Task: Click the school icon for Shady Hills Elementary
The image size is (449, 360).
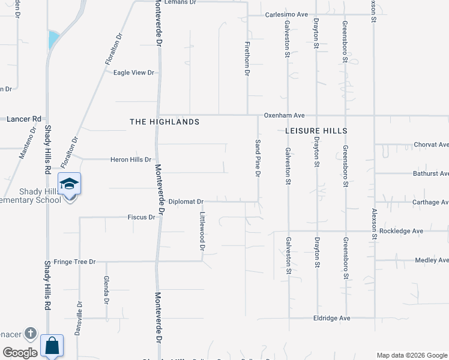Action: [69, 184]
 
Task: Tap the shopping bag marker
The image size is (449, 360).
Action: [52, 346]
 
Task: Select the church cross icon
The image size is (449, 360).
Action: [31, 334]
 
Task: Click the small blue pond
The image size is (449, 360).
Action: [53, 40]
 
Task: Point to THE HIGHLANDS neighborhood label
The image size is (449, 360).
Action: [164, 122]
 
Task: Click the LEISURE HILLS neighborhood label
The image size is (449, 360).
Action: [316, 130]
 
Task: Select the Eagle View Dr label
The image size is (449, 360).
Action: [134, 73]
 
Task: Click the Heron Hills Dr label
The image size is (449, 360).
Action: [131, 160]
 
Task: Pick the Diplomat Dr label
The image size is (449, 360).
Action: [185, 202]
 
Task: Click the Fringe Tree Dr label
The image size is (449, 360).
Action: [74, 262]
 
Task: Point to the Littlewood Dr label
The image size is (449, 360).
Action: [203, 231]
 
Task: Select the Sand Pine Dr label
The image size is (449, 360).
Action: [258, 158]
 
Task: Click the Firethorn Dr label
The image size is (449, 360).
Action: [247, 58]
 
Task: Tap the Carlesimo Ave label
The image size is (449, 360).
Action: [287, 14]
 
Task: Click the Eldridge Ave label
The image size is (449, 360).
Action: [332, 318]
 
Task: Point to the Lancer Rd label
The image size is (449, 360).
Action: [23, 119]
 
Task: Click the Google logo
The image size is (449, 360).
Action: [20, 353]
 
